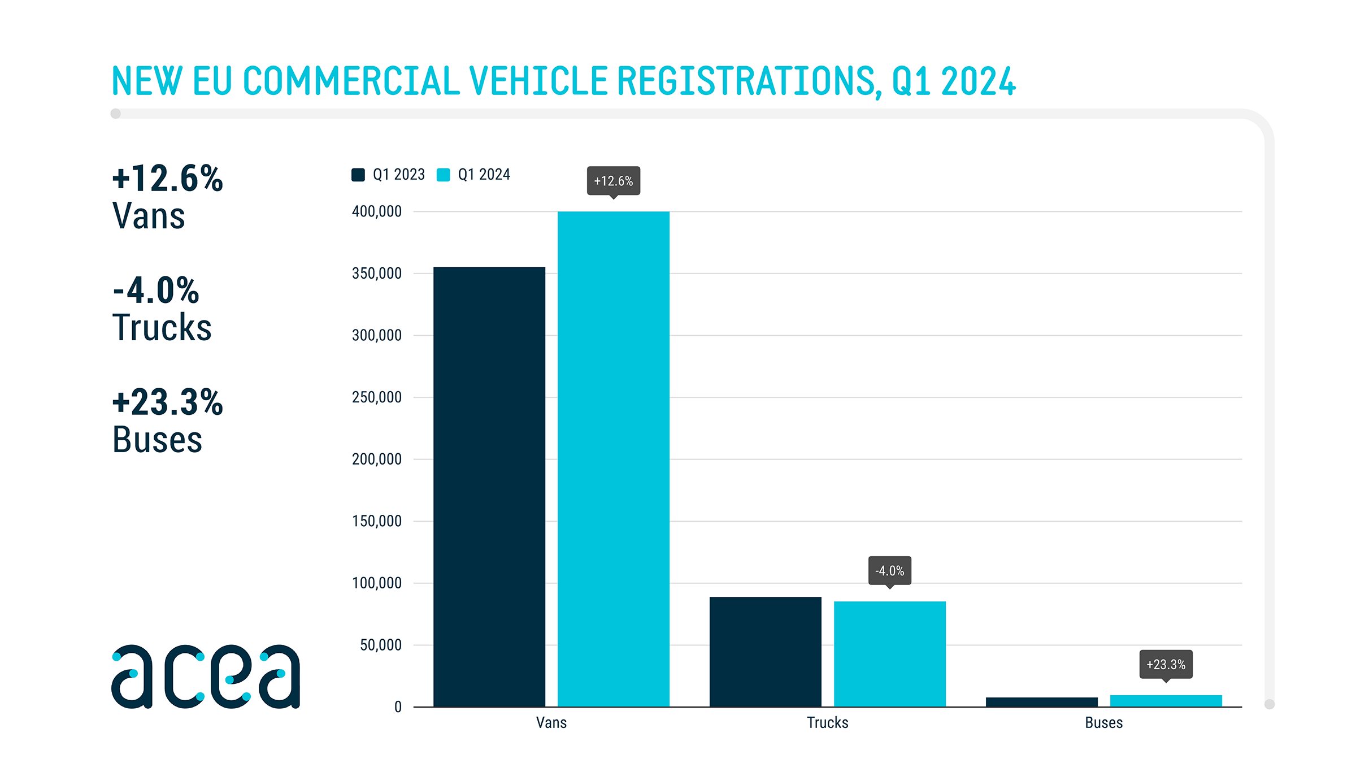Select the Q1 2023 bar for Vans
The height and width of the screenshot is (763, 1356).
(489, 487)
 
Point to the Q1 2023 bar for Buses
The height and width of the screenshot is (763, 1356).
(1041, 702)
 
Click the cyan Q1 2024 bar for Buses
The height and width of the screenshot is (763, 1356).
(1166, 701)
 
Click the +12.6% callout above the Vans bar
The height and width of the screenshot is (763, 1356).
(614, 181)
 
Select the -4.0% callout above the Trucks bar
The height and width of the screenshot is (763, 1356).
(889, 571)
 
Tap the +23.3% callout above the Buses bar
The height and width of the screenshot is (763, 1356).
(1166, 665)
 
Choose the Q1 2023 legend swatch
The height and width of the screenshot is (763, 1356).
(358, 175)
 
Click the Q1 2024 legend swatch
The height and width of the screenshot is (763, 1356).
(444, 175)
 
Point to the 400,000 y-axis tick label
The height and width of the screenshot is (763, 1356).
(377, 211)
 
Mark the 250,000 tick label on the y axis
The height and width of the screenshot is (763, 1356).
(377, 397)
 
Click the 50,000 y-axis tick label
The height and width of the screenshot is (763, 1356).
(381, 645)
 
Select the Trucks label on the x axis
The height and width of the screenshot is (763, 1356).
(827, 723)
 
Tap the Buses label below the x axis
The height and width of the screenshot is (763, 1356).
(1103, 723)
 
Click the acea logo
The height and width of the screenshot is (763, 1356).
(206, 676)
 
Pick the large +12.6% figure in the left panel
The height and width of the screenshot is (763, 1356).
(168, 179)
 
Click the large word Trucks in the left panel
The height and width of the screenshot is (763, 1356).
(162, 328)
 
